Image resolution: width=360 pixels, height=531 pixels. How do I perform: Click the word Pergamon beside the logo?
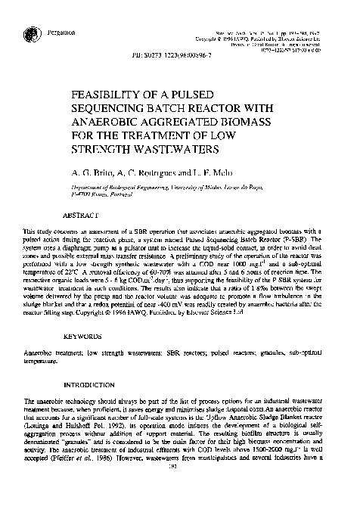click(59, 33)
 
